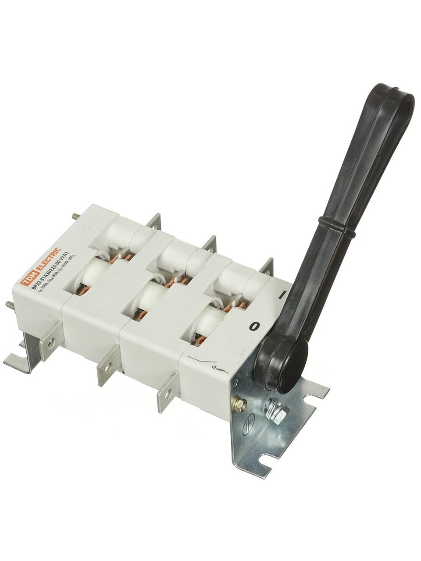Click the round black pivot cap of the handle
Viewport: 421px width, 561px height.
tap(291, 366)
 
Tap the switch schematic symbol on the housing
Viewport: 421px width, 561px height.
tap(207, 366)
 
